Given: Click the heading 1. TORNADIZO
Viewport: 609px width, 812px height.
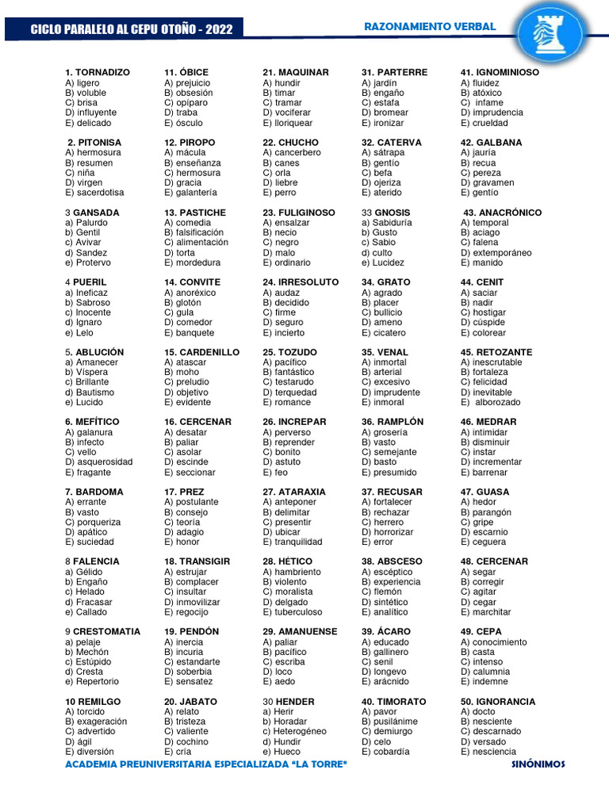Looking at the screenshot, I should coord(97,72).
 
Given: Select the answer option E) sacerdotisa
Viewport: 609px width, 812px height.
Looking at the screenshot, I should coord(94,193).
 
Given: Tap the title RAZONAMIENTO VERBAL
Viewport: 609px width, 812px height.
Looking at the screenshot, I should coord(429,27).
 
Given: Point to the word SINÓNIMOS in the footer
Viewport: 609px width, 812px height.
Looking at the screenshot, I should coord(538,764).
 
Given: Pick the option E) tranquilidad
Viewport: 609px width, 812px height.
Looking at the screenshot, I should coord(293,542).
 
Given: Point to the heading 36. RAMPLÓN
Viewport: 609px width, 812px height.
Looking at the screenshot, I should coord(393,422).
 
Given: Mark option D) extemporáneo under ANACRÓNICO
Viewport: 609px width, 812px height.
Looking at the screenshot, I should coord(496,253).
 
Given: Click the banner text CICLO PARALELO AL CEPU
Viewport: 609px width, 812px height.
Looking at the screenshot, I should coord(131,29).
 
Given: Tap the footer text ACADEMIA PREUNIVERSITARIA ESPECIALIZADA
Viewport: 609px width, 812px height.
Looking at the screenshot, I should coord(206,764).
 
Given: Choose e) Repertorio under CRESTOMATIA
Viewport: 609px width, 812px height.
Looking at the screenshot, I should coord(92,682).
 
